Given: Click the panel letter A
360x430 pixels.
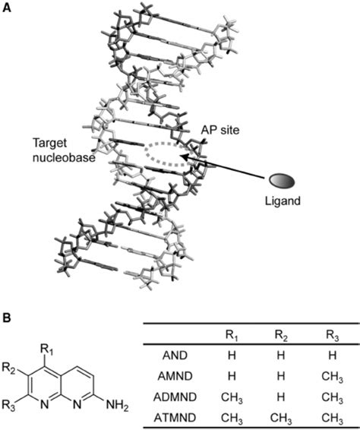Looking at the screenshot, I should [x=6, y=7].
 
